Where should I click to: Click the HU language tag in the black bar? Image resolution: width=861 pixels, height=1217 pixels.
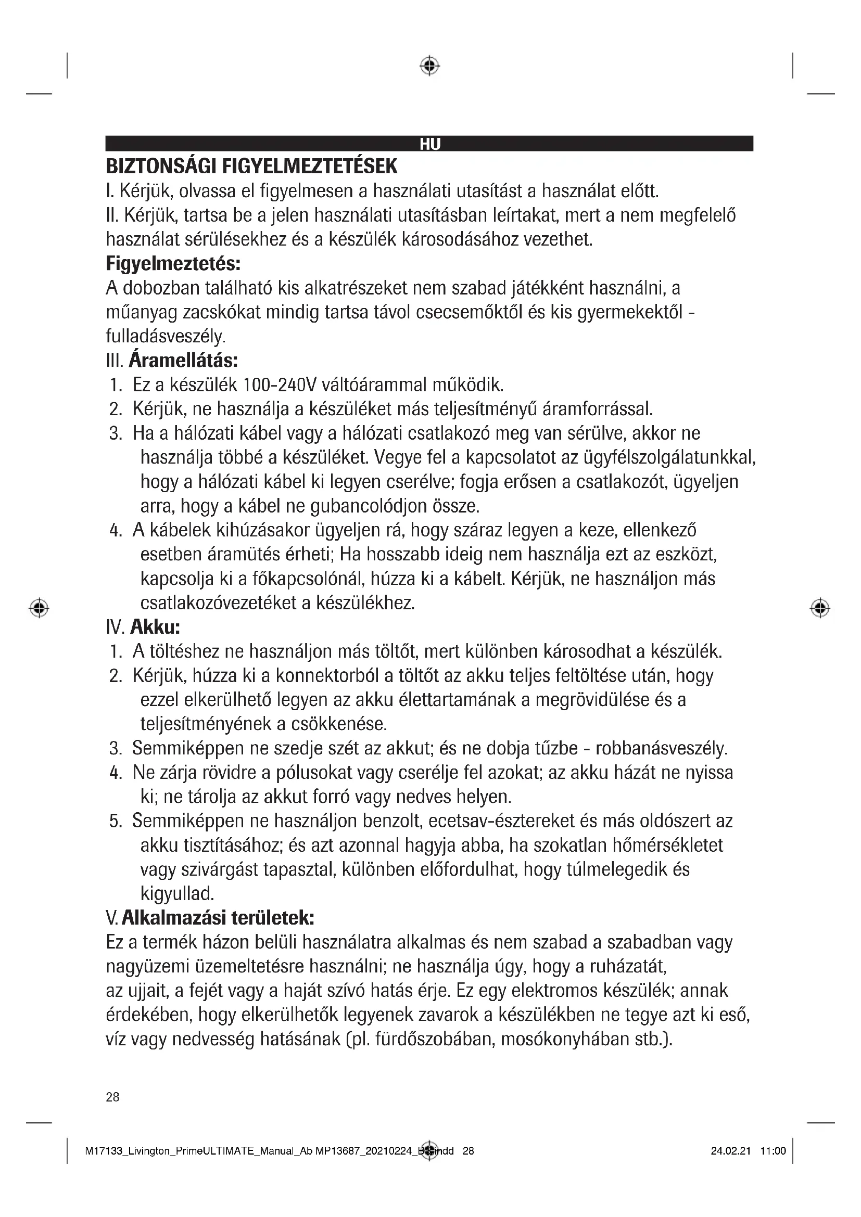tap(430, 144)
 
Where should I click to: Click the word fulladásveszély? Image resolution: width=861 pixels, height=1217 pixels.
tap(166, 336)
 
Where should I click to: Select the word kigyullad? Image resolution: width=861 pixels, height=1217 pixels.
tap(177, 894)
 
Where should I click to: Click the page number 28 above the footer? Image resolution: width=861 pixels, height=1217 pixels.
tap(112, 1097)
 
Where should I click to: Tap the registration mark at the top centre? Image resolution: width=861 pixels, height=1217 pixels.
tap(429, 66)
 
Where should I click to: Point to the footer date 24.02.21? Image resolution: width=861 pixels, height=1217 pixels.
tap(730, 1151)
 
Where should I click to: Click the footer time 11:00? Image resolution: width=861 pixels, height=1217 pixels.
tap(773, 1151)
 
